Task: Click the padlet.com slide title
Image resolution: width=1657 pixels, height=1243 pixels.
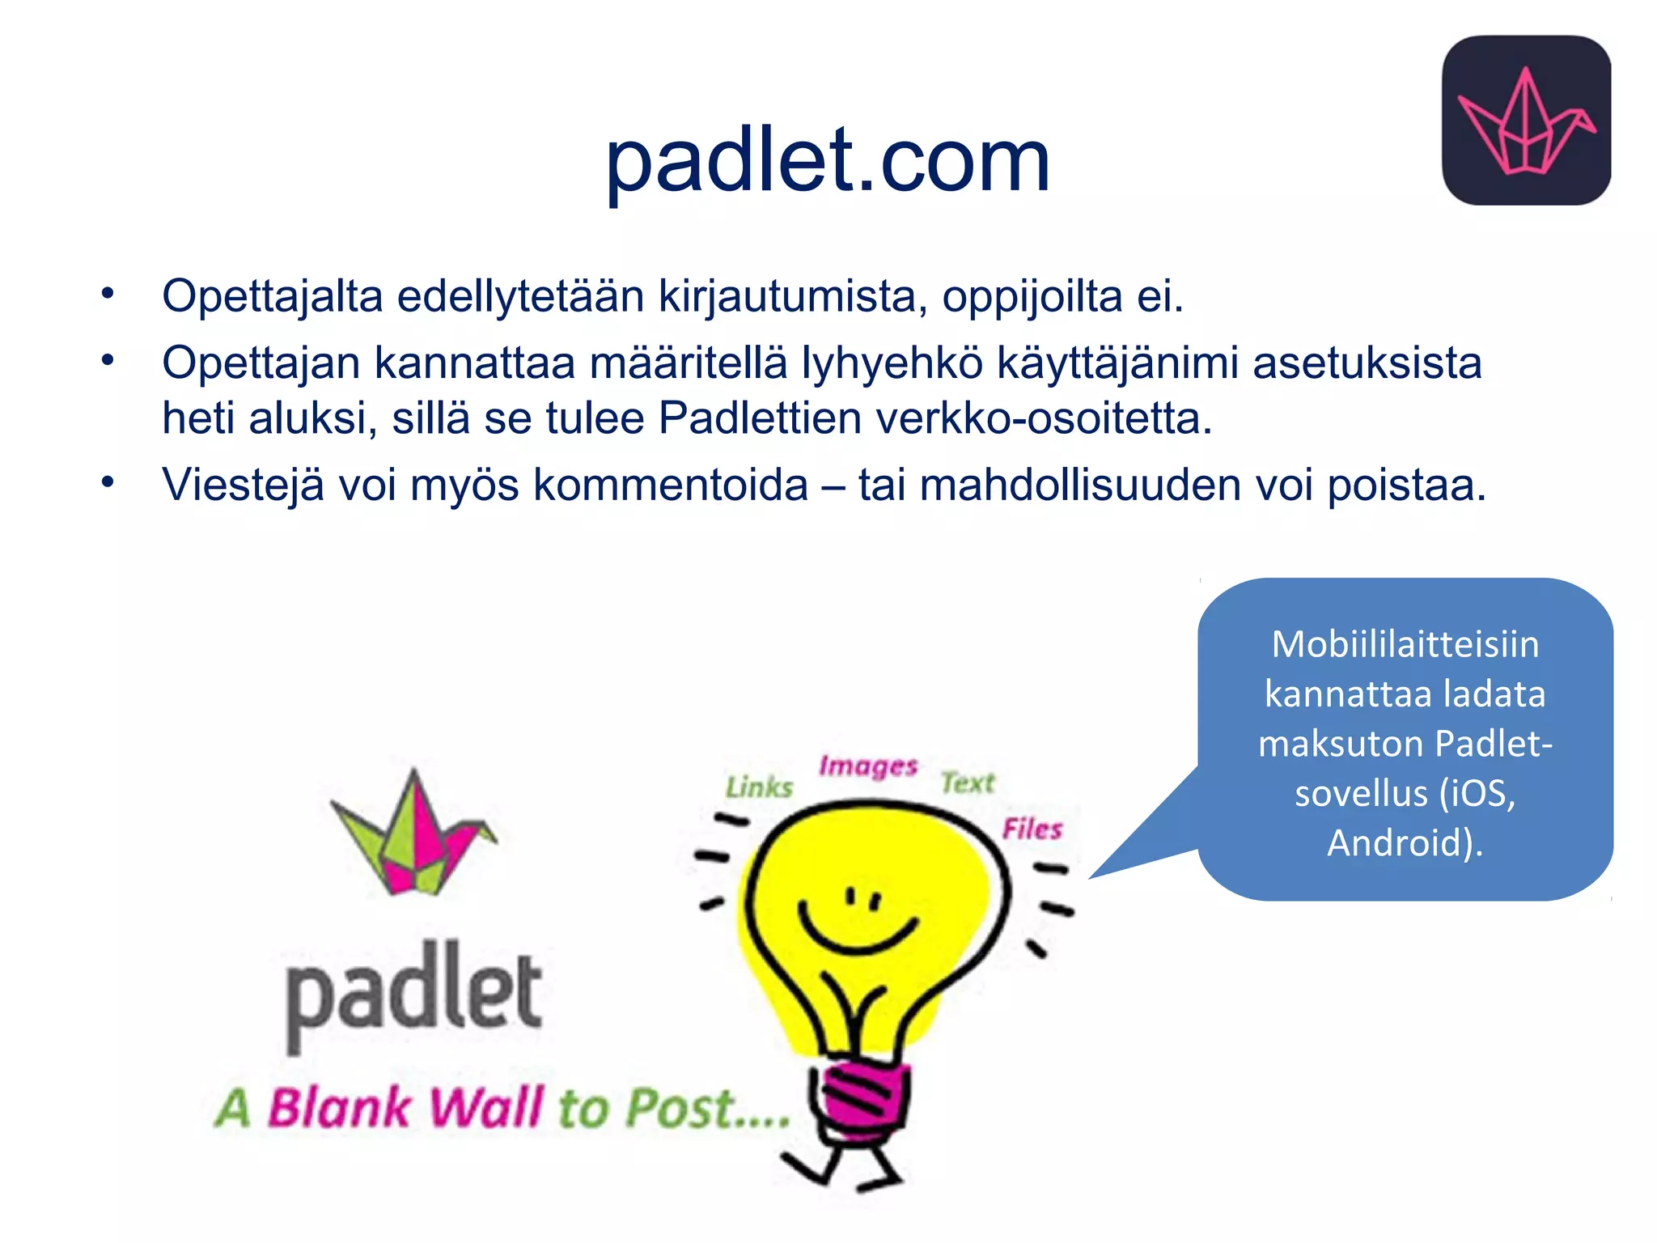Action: (827, 162)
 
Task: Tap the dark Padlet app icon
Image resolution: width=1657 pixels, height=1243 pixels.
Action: (1526, 120)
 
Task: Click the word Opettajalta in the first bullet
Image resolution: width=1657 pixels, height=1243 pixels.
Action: (272, 296)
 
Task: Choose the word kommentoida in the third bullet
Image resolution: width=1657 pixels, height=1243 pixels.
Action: (671, 486)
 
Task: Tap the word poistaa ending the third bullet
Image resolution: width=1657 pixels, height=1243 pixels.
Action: (1406, 486)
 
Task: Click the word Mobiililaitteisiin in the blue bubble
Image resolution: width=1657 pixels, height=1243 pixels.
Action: (1405, 645)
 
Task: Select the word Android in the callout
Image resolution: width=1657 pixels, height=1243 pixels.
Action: (1400, 842)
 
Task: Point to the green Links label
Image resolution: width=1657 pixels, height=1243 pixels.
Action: (759, 787)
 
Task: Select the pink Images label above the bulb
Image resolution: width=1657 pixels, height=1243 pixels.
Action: (868, 766)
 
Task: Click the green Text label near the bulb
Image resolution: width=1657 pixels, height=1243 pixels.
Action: (968, 783)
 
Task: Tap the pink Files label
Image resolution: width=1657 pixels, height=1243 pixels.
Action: (1032, 829)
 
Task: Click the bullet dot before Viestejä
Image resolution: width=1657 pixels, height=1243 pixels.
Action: (108, 482)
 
